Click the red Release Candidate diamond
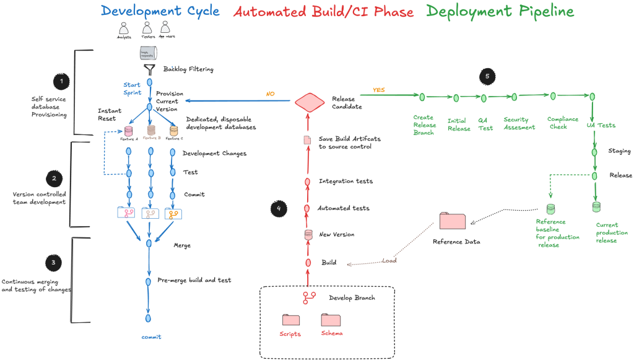click(309, 102)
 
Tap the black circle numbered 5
click(487, 76)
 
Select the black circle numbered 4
click(279, 209)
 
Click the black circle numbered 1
click(61, 81)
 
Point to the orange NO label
click(271, 94)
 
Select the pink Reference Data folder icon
click(452, 221)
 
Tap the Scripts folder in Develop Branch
click(291, 320)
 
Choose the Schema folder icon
click(331, 320)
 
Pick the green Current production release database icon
click(596, 207)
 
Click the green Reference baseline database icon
click(550, 209)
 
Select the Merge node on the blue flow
click(149, 244)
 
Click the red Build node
click(308, 263)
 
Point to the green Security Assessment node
click(513, 97)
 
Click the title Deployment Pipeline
click(499, 11)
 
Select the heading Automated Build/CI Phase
click(323, 12)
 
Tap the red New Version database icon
click(308, 235)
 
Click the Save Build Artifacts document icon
click(307, 140)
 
